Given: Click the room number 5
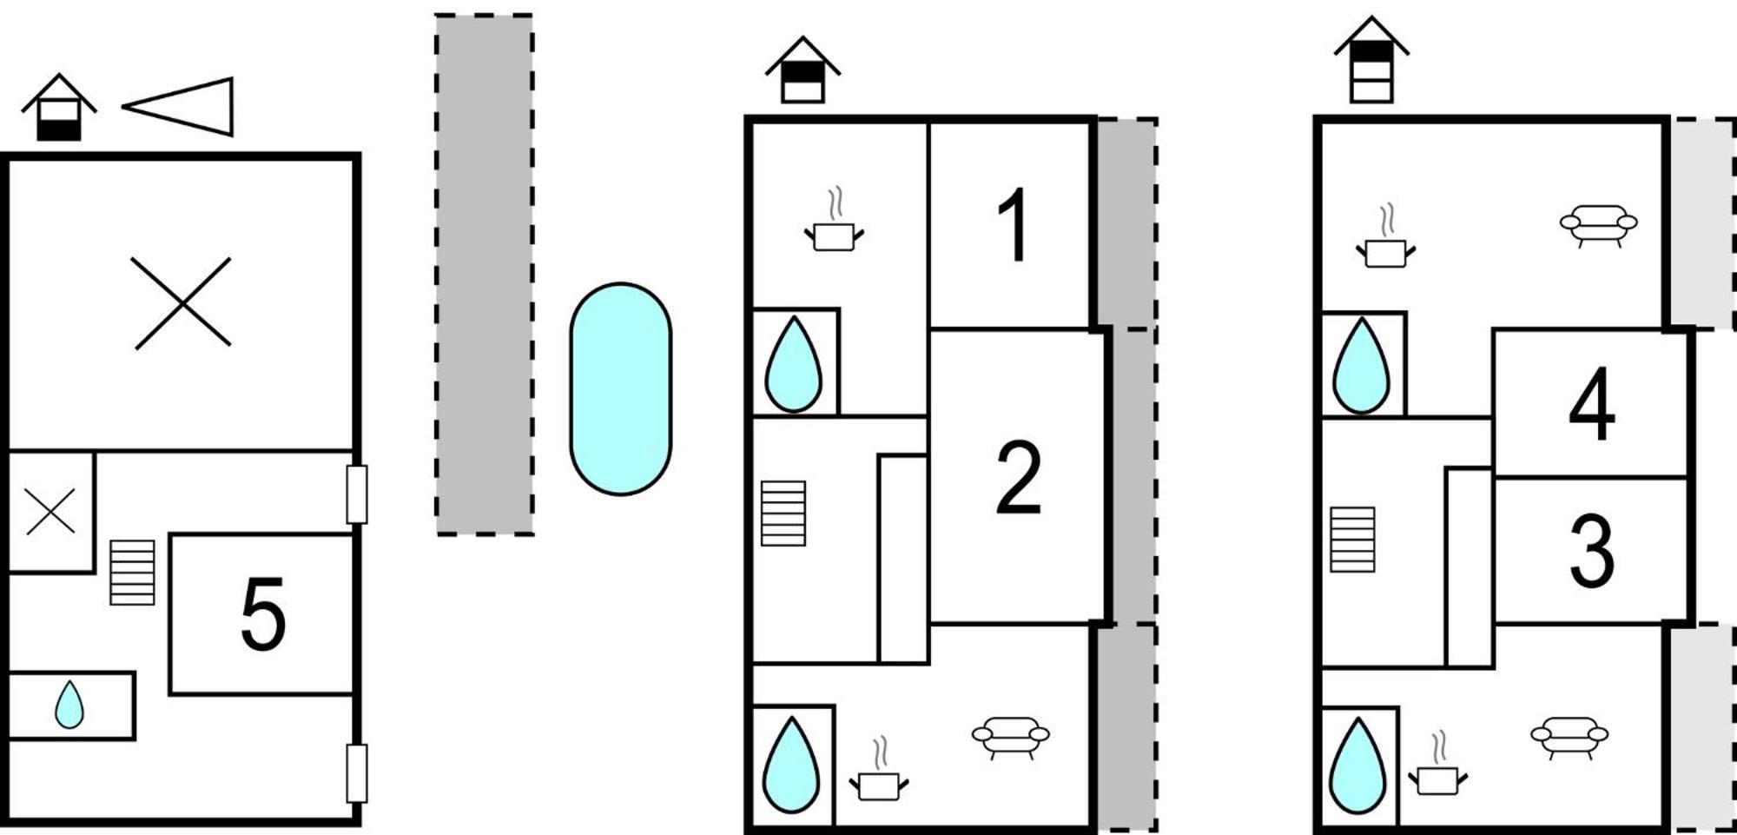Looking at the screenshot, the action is coord(263,614).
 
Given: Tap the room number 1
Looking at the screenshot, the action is coord(1014,225).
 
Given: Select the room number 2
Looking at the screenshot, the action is coord(1018,477).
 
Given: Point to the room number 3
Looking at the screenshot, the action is coord(1592,551).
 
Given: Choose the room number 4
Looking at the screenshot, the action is coord(1592,404).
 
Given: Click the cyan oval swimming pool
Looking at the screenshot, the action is coord(621,389).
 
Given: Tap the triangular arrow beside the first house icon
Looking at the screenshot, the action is coord(178,107).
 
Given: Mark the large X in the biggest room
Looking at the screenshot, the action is coord(182,303).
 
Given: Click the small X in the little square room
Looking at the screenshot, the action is coord(50,512).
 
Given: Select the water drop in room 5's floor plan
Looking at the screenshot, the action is coord(69,705).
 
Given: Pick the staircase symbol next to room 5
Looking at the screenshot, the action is coord(133,573).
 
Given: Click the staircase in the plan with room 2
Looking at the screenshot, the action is coord(783,514).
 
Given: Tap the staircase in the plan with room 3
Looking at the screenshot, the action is coord(1352,540).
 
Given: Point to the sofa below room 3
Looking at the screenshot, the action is coord(1569,738).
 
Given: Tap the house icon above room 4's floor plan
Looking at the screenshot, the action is coord(1371,60).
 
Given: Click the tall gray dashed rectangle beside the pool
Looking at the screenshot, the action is coord(485,275).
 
